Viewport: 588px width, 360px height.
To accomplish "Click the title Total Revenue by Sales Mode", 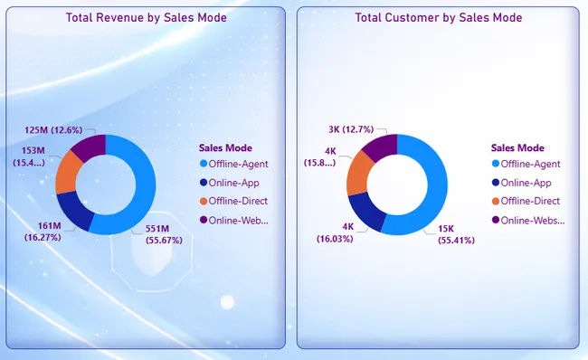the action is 147,17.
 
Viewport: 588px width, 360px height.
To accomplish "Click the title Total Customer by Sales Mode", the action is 439,17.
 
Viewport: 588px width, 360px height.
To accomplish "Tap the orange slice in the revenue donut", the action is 67,174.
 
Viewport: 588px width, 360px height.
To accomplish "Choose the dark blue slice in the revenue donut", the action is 72,209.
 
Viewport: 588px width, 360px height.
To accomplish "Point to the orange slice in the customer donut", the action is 357,174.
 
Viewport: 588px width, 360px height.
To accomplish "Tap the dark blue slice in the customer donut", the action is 365,210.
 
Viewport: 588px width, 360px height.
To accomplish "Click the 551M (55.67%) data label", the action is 164,234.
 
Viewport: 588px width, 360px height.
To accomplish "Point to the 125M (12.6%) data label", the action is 53,130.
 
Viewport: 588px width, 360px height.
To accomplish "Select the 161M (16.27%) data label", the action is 43,232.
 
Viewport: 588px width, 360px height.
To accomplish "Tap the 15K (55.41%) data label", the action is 456,234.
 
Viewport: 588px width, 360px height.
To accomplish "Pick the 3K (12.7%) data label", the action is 351,129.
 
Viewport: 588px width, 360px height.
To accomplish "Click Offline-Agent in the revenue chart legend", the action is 234,164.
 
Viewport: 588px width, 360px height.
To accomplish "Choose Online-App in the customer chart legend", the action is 522,183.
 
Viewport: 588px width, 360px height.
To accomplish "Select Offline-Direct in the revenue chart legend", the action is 234,201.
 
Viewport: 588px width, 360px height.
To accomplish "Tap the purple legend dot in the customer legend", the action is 496,220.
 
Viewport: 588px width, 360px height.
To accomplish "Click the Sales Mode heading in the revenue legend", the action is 225,147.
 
